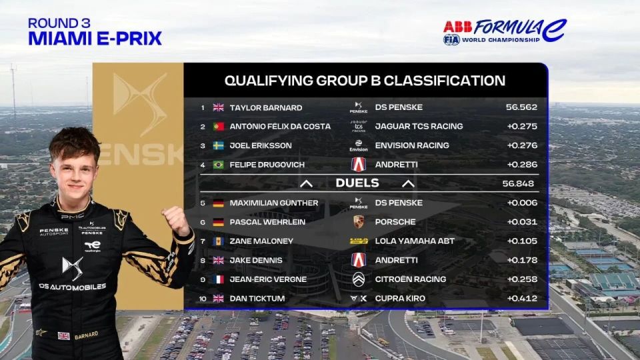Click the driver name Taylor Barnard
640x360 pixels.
266,108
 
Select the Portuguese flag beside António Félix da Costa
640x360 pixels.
219,127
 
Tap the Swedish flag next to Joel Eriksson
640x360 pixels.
219,146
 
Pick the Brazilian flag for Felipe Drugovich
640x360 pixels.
219,165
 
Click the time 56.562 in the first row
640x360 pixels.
521,107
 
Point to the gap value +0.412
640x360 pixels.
522,299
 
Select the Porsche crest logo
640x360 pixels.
359,221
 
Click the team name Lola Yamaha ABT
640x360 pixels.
415,241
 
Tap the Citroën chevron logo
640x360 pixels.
359,279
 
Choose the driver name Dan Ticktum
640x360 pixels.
257,299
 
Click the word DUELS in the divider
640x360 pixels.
357,183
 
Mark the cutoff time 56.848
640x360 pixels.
518,184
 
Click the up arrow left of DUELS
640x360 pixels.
307,184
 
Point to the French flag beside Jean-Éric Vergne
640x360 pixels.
219,279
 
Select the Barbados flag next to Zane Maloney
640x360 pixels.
219,241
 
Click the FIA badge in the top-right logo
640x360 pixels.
451,39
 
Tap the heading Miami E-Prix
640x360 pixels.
95,39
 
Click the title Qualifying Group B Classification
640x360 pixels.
365,81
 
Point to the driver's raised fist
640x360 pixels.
176,221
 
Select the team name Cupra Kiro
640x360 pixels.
400,299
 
